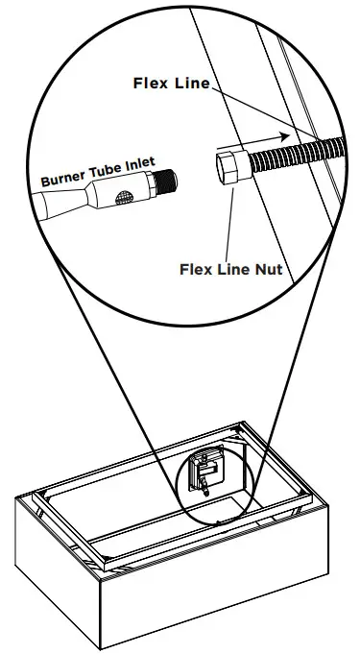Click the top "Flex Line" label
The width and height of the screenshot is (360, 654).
(171, 84)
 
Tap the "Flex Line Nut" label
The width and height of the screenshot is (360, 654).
(230, 269)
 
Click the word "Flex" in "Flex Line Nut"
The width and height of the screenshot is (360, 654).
(197, 269)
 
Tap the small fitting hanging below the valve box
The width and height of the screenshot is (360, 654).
(205, 491)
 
